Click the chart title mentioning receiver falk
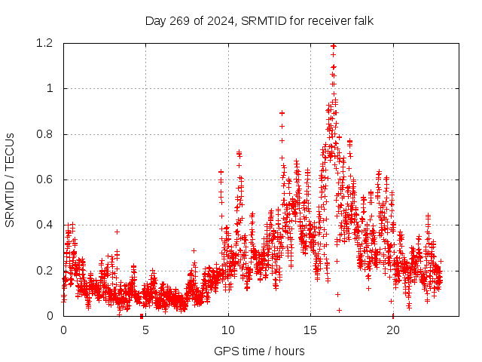click(259, 20)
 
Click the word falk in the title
click(362, 20)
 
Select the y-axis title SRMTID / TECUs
click(10, 179)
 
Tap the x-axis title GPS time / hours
click(259, 351)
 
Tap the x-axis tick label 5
click(145, 330)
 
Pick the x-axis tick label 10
click(228, 330)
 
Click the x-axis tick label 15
click(310, 330)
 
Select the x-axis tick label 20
click(392, 330)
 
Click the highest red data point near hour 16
click(333, 46)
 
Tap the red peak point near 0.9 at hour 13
click(282, 112)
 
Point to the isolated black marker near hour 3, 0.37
click(117, 232)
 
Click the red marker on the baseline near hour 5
click(142, 315)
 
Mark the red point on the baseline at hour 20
click(392, 315)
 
